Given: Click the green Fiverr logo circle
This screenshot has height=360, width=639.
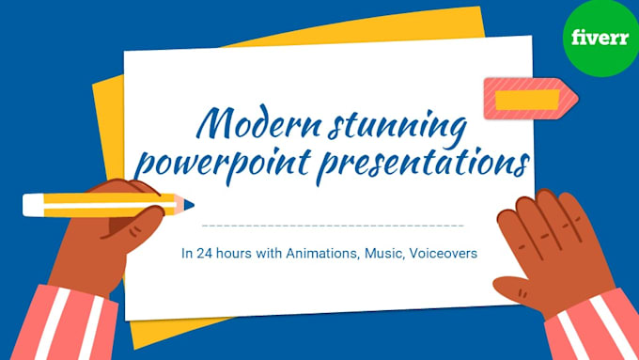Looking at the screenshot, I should (x=600, y=39).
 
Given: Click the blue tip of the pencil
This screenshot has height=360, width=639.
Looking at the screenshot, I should (x=189, y=203).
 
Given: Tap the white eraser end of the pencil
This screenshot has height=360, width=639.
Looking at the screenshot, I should (x=33, y=204).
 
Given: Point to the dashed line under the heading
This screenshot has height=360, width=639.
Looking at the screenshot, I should (x=333, y=226).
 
